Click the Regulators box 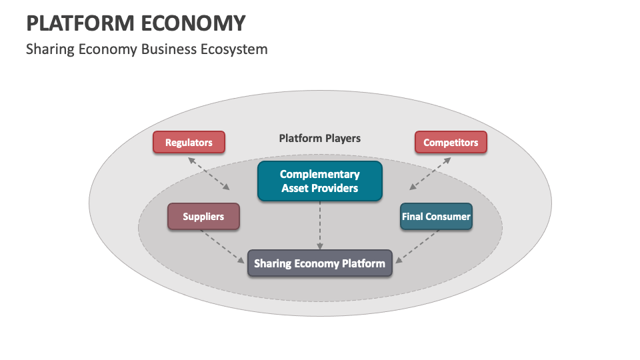(189, 142)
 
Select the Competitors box (451, 142)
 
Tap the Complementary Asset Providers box (320, 181)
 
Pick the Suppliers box (203, 217)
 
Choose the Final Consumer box (436, 217)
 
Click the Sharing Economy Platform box (320, 263)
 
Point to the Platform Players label (319, 138)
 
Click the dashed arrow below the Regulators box (209, 174)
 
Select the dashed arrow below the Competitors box (430, 174)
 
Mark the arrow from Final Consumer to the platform (417, 246)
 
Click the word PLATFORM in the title (78, 23)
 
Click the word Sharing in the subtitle (47, 49)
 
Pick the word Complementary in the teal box (320, 174)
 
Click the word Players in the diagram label (343, 138)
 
